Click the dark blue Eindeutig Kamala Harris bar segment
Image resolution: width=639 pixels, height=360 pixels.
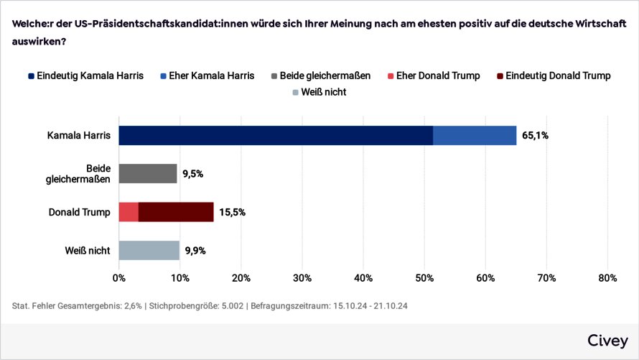[276, 135]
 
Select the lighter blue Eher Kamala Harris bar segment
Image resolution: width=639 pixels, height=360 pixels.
[475, 135]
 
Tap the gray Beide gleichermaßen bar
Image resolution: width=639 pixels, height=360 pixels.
[147, 173]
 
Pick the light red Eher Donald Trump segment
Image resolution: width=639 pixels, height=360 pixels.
[129, 212]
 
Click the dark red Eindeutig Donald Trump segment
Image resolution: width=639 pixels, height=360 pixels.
[176, 212]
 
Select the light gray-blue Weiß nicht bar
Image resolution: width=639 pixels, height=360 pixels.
[149, 250]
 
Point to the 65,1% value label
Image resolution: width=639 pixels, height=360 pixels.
[535, 135]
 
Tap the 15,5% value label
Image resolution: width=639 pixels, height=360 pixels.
[232, 212]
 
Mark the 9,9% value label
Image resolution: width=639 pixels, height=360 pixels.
[196, 251]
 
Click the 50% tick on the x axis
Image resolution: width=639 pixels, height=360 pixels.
[424, 277]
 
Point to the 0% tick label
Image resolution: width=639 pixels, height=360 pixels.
[118, 277]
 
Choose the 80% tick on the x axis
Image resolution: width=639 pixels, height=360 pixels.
[608, 277]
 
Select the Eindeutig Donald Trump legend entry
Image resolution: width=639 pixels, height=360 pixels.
[553, 75]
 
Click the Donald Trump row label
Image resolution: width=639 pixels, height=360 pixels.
[79, 212]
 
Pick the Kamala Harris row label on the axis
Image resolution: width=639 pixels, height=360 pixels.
[78, 135]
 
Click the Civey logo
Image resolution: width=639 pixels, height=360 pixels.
[607, 340]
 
